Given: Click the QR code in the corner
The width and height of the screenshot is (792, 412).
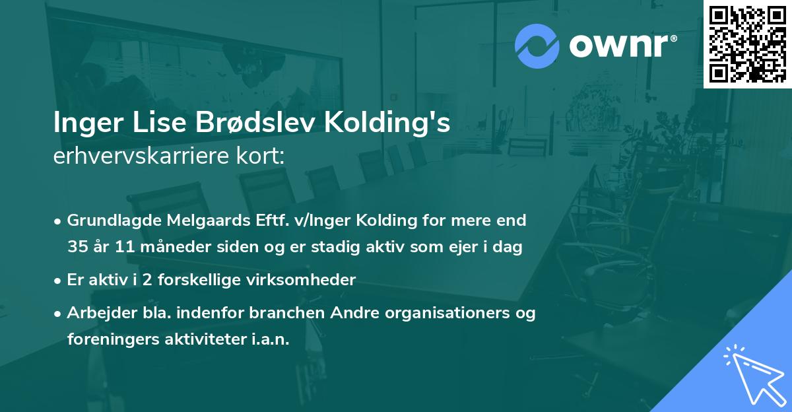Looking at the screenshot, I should pyautogui.click(x=747, y=44).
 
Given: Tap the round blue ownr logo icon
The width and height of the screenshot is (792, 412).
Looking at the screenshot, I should pyautogui.click(x=537, y=46).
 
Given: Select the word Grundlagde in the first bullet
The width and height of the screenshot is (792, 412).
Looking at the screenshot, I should pyautogui.click(x=106, y=220).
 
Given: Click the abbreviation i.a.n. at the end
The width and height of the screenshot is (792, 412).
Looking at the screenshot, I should pyautogui.click(x=269, y=339).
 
